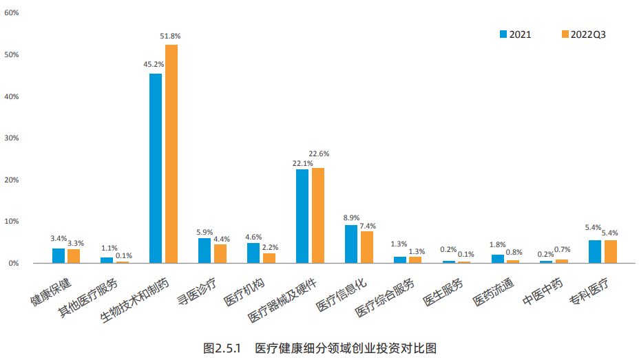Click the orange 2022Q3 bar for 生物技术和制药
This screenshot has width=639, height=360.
click(x=171, y=153)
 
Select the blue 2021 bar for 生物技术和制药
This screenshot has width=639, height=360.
click(x=156, y=168)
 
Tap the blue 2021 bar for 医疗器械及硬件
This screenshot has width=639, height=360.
click(x=302, y=215)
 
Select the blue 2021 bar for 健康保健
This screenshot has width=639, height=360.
click(x=59, y=255)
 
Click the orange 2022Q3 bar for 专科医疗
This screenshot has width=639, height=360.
click(x=611, y=251)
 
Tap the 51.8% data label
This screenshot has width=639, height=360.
click(x=170, y=35)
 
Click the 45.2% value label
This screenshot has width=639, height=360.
click(x=154, y=64)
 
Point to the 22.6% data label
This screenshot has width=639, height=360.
click(x=319, y=153)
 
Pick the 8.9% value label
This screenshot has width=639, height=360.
click(x=351, y=218)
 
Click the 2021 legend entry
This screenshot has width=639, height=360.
click(x=516, y=34)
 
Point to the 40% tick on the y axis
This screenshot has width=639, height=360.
click(x=11, y=96)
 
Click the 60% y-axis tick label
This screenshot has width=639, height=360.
click(x=11, y=13)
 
